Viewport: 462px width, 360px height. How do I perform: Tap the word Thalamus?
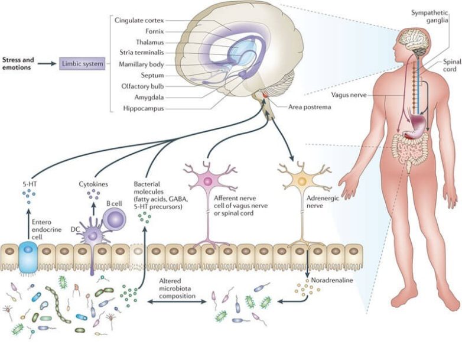[151, 43]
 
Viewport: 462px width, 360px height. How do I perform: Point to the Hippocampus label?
[143, 109]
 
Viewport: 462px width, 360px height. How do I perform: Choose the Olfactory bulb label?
[143, 86]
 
